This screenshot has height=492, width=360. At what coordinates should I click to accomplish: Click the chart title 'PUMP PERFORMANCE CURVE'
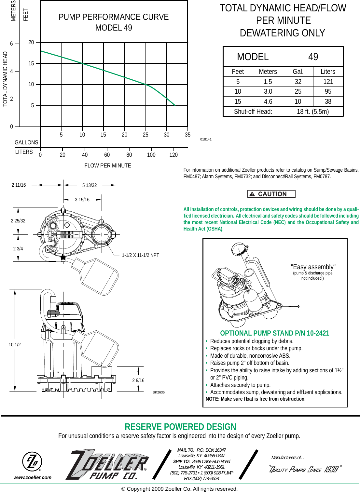(x=114, y=17)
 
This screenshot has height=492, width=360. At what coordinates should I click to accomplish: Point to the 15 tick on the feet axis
(x=31, y=63)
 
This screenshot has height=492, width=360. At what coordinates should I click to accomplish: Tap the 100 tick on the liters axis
(x=151, y=155)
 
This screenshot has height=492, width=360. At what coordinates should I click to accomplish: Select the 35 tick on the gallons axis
(x=187, y=135)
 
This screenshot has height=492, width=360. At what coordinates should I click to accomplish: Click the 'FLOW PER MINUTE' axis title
(x=108, y=166)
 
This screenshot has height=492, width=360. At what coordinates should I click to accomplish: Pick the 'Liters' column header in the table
(x=328, y=72)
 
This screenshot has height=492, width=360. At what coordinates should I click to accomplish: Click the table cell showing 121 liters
(x=328, y=82)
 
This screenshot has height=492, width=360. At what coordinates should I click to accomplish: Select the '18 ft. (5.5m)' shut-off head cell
(x=312, y=112)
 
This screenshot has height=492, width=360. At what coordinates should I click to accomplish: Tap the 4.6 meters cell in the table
(x=268, y=101)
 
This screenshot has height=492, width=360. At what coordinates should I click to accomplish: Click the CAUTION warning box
(x=271, y=194)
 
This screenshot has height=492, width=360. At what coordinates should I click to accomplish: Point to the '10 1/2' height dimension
(x=15, y=345)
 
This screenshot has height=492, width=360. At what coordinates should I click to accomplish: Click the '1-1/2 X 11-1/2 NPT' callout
(x=140, y=255)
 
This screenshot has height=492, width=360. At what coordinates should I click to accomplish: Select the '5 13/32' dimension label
(x=90, y=185)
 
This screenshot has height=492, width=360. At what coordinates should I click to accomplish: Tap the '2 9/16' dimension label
(x=138, y=380)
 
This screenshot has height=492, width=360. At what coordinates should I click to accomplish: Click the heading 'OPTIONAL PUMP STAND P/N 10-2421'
(x=274, y=333)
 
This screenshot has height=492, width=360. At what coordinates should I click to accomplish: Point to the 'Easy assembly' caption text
(x=313, y=267)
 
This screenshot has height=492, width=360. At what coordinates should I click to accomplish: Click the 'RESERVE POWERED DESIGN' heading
(x=180, y=427)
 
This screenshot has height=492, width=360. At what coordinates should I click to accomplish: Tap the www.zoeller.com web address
(x=32, y=477)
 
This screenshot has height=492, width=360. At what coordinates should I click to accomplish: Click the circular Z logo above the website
(x=32, y=461)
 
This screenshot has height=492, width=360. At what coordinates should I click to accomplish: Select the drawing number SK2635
(x=159, y=392)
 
